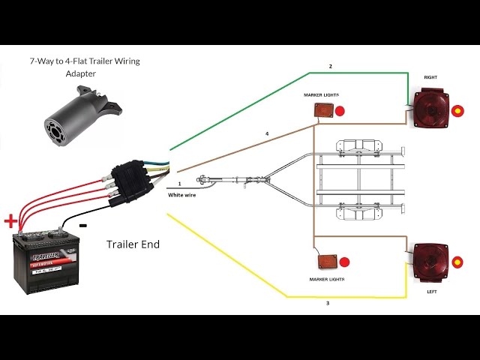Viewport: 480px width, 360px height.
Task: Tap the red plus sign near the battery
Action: tap(10, 221)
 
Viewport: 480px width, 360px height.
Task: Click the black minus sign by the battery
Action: tap(82, 225)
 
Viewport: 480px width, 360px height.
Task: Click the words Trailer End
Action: tap(133, 244)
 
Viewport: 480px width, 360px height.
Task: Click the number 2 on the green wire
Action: tap(331, 67)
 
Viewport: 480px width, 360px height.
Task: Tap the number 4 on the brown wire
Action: tap(266, 133)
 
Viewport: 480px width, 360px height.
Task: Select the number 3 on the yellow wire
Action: tap(327, 303)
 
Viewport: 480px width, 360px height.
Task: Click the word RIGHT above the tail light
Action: tap(430, 77)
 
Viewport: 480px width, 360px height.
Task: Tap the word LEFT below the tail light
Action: tap(430, 291)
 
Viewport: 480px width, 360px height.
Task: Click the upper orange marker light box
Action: tap(323, 109)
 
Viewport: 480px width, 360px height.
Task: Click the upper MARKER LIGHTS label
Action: tap(321, 95)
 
